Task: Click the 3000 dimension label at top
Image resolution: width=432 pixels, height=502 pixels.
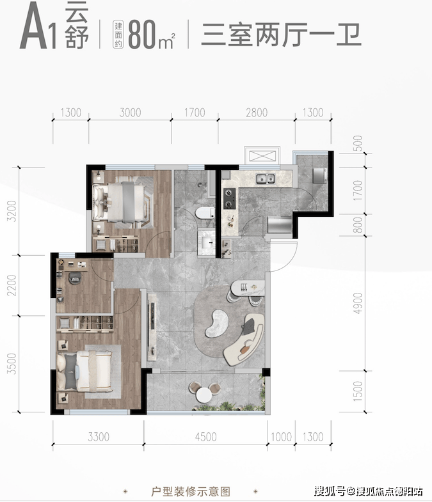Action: coord(130,113)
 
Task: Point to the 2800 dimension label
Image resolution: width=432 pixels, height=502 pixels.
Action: coord(256,113)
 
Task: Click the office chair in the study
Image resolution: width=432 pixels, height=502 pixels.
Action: coord(75,279)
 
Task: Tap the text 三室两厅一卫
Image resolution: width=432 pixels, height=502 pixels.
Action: coord(281,33)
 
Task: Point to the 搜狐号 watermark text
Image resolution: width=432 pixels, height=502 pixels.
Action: coord(330,491)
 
